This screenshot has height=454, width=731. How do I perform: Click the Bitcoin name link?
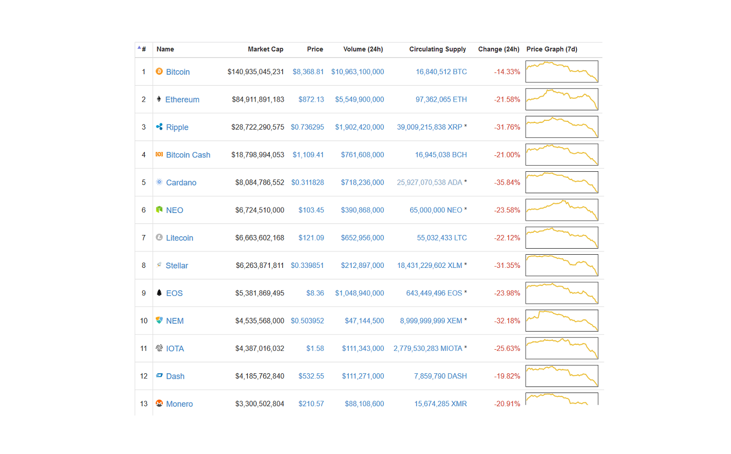click(178, 72)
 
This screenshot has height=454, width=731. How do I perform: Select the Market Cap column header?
click(265, 49)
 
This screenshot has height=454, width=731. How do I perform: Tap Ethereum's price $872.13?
click(311, 99)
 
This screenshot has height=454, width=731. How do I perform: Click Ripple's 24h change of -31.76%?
click(507, 127)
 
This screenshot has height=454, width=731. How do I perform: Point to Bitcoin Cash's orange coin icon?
click(160, 155)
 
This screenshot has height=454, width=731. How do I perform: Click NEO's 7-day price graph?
click(562, 210)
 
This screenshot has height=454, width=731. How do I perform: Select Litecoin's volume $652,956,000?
click(362, 238)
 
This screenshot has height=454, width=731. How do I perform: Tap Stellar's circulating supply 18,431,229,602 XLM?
click(429, 266)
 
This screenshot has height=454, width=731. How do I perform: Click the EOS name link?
click(174, 293)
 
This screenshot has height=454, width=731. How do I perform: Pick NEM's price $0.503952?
click(307, 321)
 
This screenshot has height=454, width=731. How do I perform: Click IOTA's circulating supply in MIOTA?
click(428, 349)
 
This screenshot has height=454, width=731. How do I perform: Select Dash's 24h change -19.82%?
click(507, 377)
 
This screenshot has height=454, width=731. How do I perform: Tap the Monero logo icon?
click(160, 403)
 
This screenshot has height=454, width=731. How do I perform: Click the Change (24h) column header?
click(498, 49)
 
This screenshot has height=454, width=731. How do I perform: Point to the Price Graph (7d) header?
click(552, 49)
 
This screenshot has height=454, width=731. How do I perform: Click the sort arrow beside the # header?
click(139, 48)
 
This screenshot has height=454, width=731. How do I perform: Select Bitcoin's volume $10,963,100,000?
click(358, 72)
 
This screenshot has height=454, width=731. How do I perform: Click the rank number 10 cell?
click(144, 321)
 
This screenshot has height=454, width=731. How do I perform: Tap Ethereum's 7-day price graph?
click(562, 99)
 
